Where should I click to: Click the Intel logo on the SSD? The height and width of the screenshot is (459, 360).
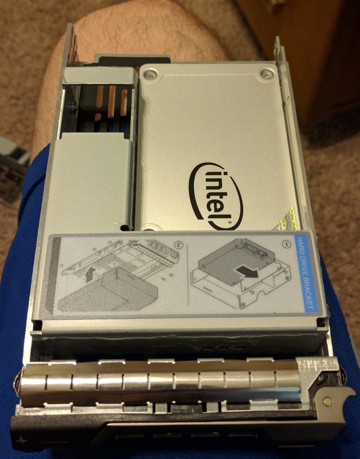coord(216,196)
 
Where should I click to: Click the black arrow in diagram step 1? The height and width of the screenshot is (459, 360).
coord(248,271)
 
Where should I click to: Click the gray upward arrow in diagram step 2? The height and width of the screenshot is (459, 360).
coord(90,274)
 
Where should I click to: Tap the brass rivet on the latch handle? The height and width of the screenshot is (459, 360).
coord(328,402)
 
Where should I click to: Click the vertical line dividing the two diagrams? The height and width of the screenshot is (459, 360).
coord(188,275)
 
